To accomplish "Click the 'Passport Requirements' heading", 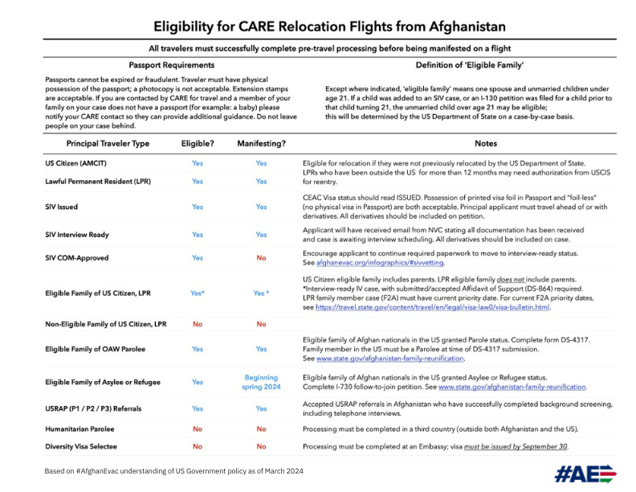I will click(x=165, y=64).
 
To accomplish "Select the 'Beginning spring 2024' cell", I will click(x=261, y=382).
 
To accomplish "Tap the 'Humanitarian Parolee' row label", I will click(x=82, y=429).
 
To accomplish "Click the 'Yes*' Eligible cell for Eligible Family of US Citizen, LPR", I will click(x=197, y=293).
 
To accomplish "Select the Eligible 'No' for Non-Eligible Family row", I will click(x=197, y=325).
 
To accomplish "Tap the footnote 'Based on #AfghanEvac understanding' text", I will click(x=173, y=470).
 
